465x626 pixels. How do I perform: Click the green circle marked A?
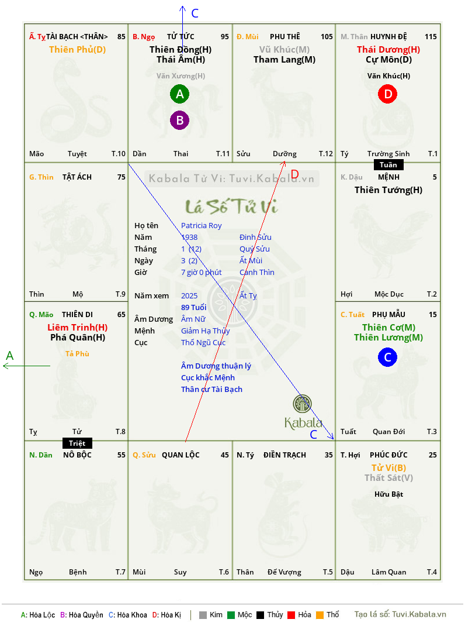(179, 94)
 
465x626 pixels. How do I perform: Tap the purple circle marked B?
(179, 120)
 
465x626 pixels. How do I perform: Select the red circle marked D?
(388, 94)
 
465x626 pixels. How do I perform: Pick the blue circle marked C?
(388, 357)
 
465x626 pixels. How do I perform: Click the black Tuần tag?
(388, 165)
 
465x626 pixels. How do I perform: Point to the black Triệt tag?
(77, 443)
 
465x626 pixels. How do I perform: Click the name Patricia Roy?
(202, 226)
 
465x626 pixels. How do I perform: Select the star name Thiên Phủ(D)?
(77, 50)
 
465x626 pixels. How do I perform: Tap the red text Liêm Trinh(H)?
(77, 328)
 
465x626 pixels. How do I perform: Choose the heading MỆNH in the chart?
(389, 177)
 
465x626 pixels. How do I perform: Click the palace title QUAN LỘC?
(181, 455)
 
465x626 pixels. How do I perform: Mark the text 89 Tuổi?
(194, 307)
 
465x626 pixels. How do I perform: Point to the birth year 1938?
(189, 237)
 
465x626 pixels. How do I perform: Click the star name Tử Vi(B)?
(389, 467)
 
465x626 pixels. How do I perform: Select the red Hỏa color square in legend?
(291, 615)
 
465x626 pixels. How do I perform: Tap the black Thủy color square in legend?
(261, 615)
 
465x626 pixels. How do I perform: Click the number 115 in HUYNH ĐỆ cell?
(431, 37)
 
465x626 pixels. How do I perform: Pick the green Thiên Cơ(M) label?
(389, 328)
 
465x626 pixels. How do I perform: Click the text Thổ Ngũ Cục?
(203, 342)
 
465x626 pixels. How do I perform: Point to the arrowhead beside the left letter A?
(4, 366)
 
